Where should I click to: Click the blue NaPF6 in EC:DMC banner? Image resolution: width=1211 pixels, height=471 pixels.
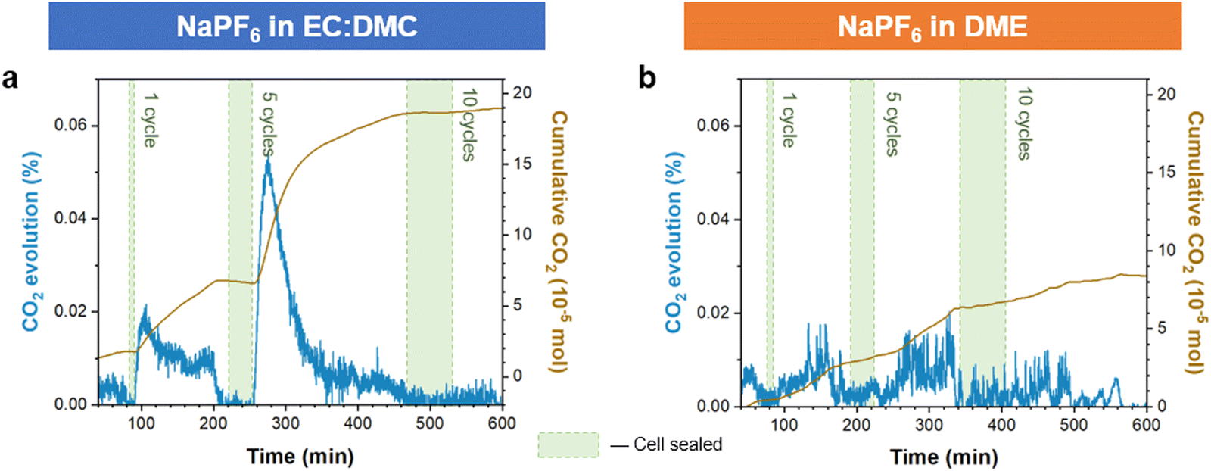coord(297,27)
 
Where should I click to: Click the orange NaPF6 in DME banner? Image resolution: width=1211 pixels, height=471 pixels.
coord(932,27)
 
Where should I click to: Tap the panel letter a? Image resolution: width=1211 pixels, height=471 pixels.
coord(10,78)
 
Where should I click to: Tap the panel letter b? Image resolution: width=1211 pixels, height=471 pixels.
coord(647,78)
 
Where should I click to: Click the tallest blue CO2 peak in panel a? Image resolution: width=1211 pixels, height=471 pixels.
coord(267,161)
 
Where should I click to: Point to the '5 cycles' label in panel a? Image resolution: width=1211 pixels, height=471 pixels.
coord(269,124)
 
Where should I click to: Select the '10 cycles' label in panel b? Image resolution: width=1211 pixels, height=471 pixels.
coord(1024,124)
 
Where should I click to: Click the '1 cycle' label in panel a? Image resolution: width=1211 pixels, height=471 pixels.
coord(151,120)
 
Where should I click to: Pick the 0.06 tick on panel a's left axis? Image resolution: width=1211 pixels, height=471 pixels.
coord(70,125)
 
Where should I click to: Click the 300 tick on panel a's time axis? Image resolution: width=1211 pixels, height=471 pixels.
coord(285,423)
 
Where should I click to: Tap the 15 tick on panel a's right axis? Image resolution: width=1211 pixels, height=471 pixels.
coord(523,164)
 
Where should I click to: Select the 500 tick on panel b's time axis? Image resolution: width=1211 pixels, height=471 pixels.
coord(1073,425)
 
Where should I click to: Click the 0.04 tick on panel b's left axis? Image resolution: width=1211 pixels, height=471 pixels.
coord(714,219)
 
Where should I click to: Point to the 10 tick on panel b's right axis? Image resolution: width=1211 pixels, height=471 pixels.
coord(1166,250)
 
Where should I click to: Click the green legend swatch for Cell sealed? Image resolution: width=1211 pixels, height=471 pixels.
coord(568,444)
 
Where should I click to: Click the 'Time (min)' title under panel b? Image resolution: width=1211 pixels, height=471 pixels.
coord(944,457)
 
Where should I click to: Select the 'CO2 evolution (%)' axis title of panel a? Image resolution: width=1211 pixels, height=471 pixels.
coord(31,242)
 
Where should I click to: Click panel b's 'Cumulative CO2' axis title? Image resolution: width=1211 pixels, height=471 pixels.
coord(1194,242)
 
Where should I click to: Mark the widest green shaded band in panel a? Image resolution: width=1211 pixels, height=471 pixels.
coord(430,242)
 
